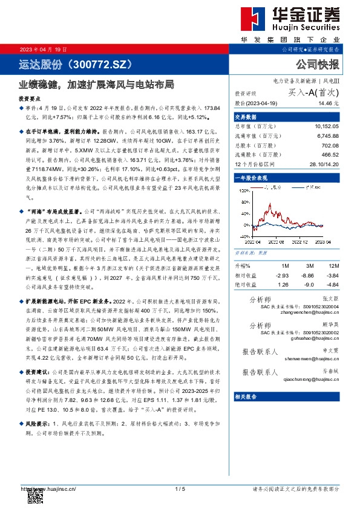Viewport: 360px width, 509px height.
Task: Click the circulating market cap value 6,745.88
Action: point(327,135)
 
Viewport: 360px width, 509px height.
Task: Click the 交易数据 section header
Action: point(245,117)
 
